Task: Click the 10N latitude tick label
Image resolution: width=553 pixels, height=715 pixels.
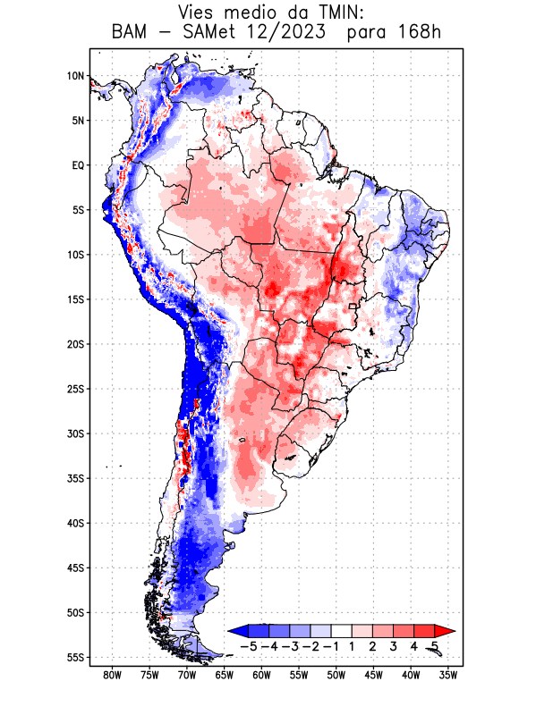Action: pyautogui.click(x=75, y=76)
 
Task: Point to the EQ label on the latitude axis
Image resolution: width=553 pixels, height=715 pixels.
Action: pyautogui.click(x=78, y=165)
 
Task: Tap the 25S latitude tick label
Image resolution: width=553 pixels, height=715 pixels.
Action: pyautogui.click(x=75, y=389)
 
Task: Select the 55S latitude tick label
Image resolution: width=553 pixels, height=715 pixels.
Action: pyautogui.click(x=75, y=657)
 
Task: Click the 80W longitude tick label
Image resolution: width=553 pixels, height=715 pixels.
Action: pyautogui.click(x=113, y=675)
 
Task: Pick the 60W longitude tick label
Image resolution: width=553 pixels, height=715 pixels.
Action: pyautogui.click(x=262, y=675)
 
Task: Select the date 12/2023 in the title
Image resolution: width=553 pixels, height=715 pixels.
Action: pyautogui.click(x=284, y=33)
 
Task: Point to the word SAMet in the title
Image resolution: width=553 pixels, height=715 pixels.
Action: pyautogui.click(x=204, y=33)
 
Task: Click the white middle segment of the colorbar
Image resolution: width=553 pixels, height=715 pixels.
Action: pyautogui.click(x=342, y=631)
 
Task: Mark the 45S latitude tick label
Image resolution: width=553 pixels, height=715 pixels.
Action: pyautogui.click(x=75, y=568)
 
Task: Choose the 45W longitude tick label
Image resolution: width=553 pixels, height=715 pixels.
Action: pyautogui.click(x=374, y=675)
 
